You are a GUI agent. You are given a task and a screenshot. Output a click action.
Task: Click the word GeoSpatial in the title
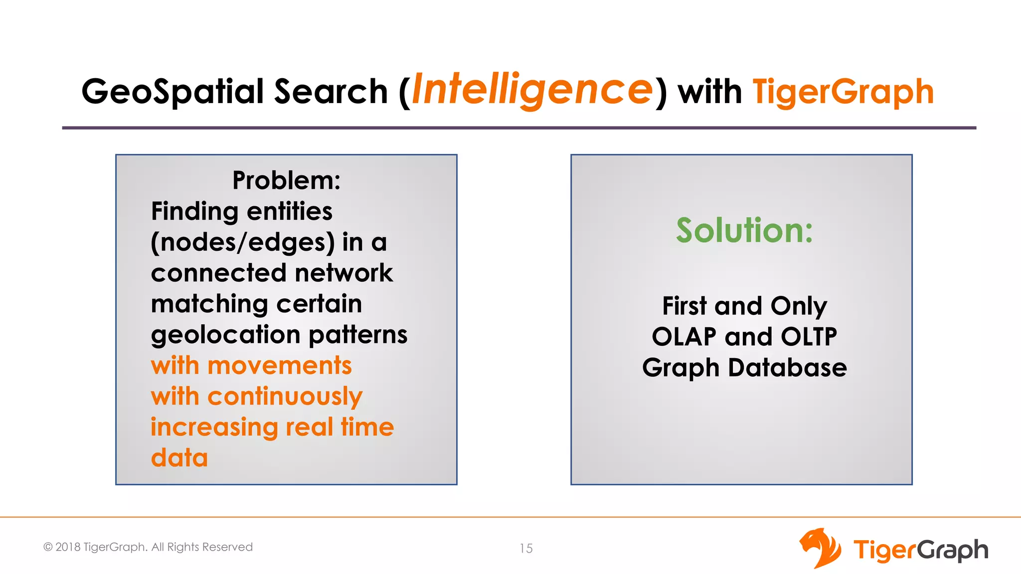(172, 92)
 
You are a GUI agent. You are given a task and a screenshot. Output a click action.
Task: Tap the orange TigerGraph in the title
(843, 92)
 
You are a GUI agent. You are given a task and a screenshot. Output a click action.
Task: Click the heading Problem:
(286, 180)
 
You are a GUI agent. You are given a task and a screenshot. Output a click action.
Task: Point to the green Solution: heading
(744, 230)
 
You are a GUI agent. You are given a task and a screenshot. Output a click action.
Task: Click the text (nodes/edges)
(243, 243)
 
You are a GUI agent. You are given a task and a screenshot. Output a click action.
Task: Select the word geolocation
(226, 335)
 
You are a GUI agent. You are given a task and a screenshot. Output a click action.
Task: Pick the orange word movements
(280, 366)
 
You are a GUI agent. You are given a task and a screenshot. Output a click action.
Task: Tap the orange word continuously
(285, 397)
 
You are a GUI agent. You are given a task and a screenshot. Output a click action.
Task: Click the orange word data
(179, 458)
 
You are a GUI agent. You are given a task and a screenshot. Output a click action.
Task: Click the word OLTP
(809, 337)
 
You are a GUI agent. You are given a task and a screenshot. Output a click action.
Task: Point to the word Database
(787, 368)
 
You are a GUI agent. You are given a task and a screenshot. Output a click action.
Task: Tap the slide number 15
(526, 549)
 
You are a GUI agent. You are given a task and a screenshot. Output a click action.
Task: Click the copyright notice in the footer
(148, 547)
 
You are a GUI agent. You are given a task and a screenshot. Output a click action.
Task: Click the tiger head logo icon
(820, 548)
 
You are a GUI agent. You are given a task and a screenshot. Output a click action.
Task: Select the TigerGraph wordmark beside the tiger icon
(920, 550)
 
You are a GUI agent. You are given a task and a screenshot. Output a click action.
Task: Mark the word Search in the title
(331, 92)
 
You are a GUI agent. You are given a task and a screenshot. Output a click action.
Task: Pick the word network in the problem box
(343, 273)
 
